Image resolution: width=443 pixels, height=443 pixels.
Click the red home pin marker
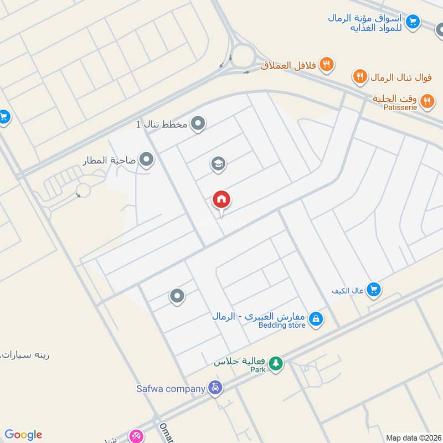221,200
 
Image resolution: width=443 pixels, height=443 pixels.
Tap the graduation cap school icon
218,163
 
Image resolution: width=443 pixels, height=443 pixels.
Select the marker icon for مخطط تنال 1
198,124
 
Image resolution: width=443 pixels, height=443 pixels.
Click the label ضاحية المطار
109,161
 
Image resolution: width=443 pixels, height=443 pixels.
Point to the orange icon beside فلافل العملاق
327,65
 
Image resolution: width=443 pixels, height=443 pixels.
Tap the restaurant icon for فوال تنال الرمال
360,76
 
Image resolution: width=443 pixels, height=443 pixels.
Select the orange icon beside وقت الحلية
426,101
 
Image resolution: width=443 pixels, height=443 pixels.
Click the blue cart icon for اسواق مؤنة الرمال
412,22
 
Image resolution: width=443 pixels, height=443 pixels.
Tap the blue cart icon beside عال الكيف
374,289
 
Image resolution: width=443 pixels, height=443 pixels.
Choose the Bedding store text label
282,325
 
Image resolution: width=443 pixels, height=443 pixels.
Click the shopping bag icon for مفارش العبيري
316,320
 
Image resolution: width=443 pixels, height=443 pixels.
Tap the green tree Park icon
275,364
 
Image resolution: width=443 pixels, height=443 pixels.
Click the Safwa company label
169,388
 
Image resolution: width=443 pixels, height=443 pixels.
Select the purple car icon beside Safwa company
215,388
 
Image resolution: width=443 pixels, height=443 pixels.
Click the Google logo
23,435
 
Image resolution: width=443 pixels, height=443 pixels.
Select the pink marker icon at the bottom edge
136,436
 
